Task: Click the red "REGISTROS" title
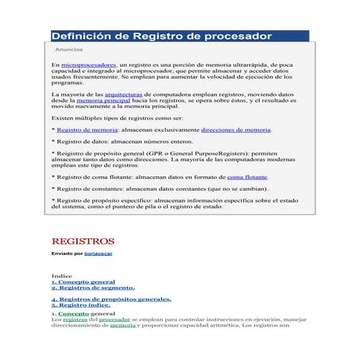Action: pos(83,241)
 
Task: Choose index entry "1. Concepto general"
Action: pos(83,282)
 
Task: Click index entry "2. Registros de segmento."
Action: pos(92,288)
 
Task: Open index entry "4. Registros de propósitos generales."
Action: pos(110,300)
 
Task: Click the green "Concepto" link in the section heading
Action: pos(73,313)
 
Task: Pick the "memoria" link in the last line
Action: pos(122,325)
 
